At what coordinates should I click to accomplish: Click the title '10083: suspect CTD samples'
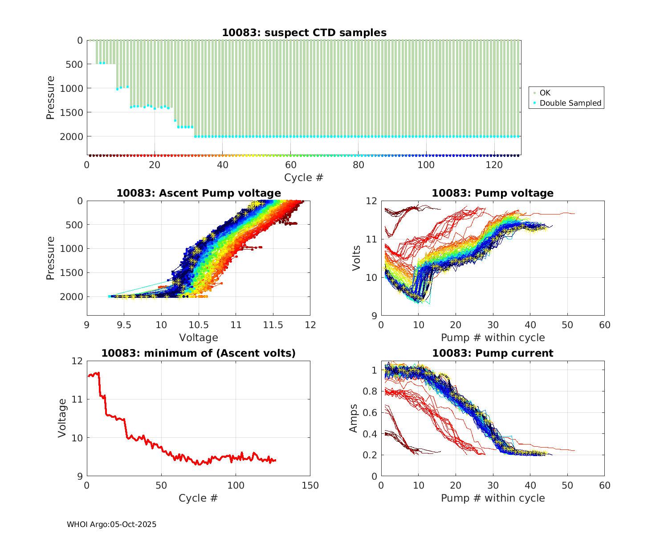click(304, 33)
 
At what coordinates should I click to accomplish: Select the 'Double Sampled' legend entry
click(570, 103)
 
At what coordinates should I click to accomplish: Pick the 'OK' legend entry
click(545, 93)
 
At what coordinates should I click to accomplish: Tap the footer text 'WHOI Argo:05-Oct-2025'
click(111, 524)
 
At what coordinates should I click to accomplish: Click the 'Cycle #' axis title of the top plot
click(304, 177)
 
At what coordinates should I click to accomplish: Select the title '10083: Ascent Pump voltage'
click(199, 193)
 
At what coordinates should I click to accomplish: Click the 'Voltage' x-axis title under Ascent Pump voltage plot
click(198, 337)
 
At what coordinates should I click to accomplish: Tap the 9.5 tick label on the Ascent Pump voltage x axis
click(124, 325)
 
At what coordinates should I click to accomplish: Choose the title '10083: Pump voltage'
click(493, 193)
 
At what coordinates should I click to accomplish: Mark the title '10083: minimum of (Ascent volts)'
click(199, 353)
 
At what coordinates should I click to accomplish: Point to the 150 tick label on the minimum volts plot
click(310, 486)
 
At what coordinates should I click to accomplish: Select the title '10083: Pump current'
click(493, 353)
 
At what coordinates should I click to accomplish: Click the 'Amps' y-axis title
click(354, 418)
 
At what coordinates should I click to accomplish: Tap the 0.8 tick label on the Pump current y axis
click(371, 391)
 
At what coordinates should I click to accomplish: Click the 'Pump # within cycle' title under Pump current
click(493, 498)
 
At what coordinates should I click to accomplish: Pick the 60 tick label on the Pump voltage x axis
click(604, 325)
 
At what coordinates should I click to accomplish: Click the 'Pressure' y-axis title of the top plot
click(50, 98)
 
